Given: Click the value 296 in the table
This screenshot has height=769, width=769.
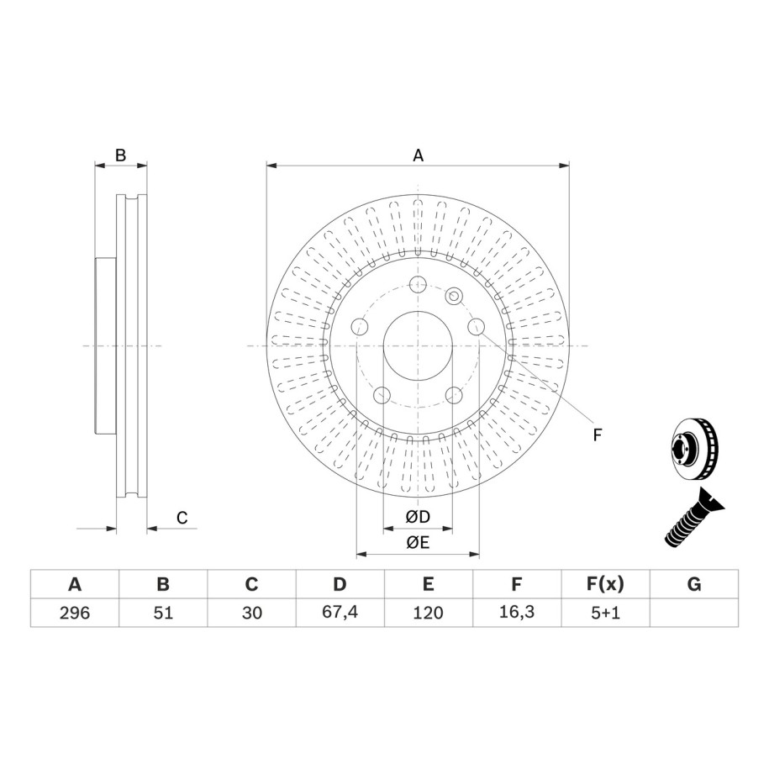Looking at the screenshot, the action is coord(75,613).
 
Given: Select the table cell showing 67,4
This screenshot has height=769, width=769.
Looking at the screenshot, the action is coord(340,612).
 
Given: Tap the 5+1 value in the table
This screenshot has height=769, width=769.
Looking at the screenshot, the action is coord(605,613).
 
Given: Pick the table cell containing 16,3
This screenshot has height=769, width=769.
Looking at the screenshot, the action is coord(517,612).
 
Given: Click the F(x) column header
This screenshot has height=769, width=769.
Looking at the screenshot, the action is coord(605,584).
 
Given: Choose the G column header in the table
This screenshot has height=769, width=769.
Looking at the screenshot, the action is coord(694,584).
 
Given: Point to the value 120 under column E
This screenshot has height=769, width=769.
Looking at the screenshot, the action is coord(428,613).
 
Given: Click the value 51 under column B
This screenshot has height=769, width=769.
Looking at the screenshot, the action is coord(163,613).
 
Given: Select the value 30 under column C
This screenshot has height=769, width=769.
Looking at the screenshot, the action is coord(251,613).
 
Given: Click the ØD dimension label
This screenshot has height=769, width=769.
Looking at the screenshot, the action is coord(418,516).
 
